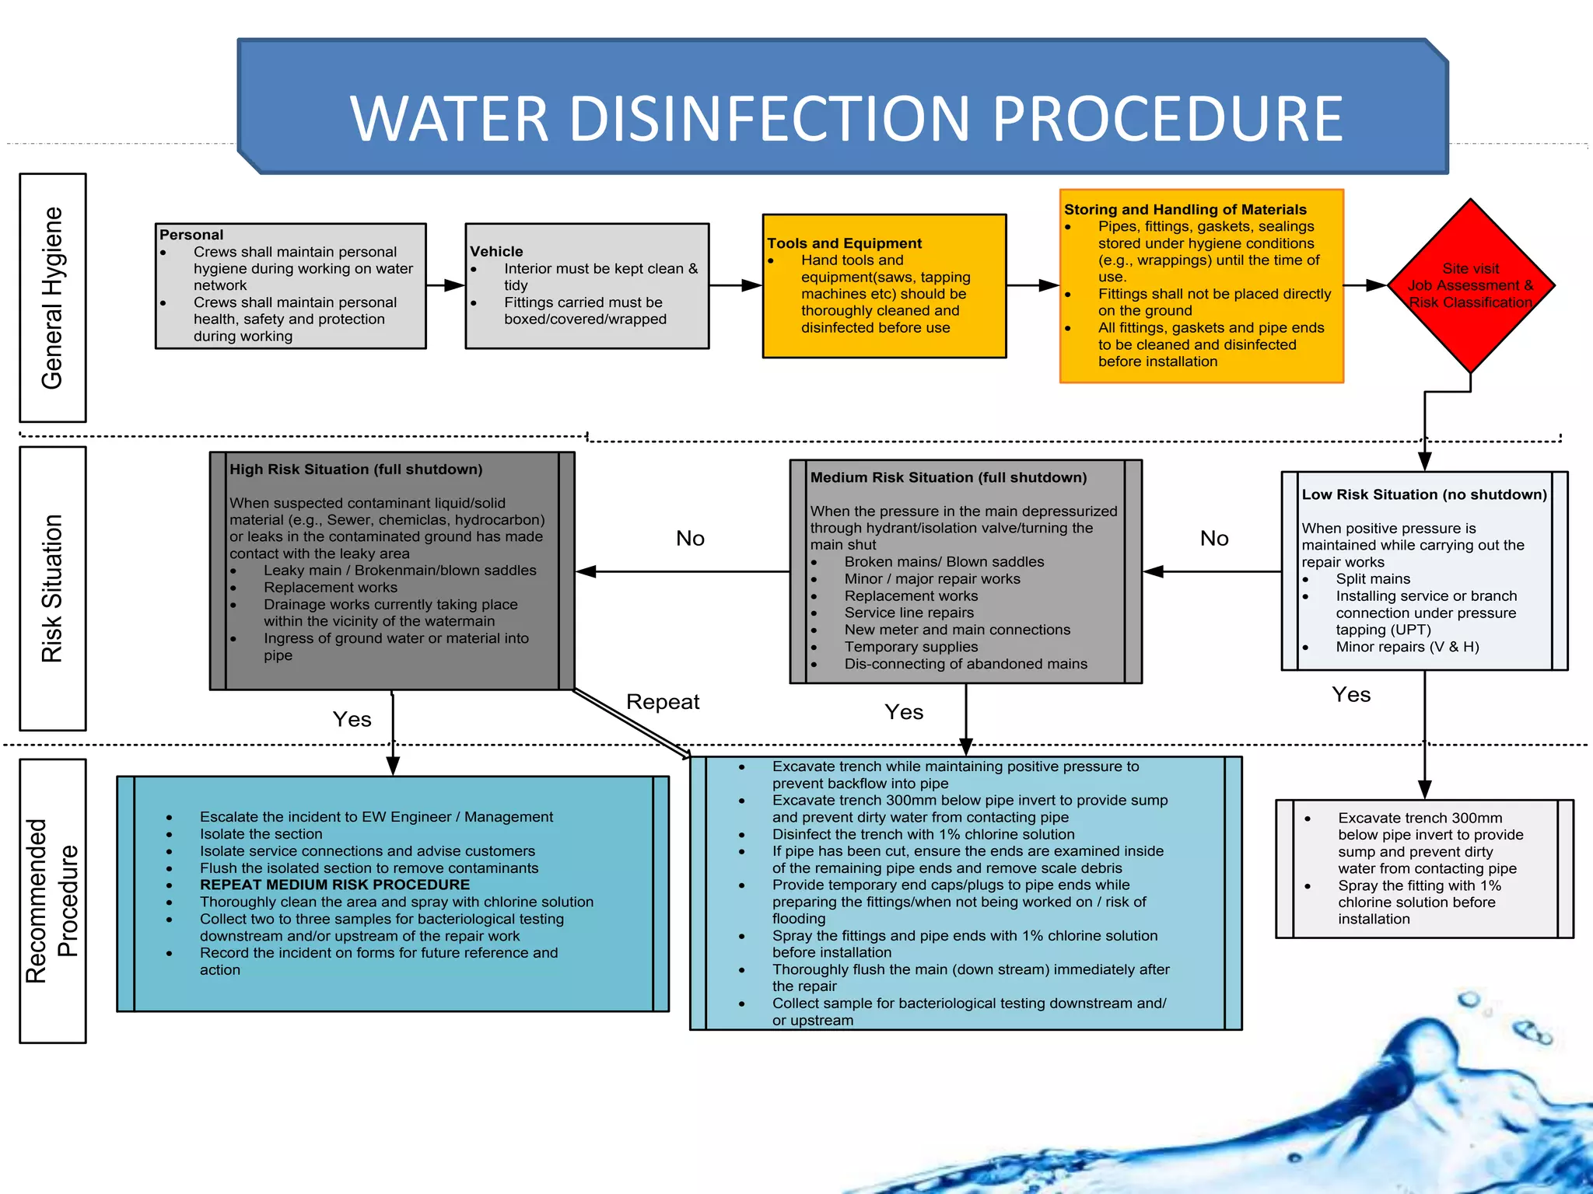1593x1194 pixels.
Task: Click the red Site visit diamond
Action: coord(1470,285)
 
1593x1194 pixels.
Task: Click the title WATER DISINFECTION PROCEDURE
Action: coord(846,118)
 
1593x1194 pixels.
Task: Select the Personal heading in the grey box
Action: coord(191,235)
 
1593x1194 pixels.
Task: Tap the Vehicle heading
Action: coord(496,251)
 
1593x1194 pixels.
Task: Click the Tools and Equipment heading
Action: coord(844,243)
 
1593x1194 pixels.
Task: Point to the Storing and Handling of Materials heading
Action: coord(1185,209)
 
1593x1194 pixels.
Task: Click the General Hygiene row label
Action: coord(52,298)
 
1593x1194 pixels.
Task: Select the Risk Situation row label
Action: coord(52,588)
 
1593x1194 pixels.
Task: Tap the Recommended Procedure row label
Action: coord(52,900)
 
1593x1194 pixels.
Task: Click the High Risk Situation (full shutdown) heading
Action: coord(355,470)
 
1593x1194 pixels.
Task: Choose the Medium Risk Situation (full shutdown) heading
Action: coord(948,477)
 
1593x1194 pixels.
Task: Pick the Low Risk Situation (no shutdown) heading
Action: coord(1424,494)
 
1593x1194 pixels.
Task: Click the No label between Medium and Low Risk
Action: coord(1214,538)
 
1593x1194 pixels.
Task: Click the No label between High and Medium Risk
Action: coord(690,538)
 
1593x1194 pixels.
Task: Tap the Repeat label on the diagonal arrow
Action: coord(663,702)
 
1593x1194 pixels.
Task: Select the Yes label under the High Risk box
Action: coord(352,719)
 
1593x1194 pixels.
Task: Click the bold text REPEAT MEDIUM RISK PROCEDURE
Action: coord(334,885)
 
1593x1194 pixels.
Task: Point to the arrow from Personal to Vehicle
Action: coord(446,285)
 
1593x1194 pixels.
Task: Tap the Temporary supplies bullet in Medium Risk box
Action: coord(911,647)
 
